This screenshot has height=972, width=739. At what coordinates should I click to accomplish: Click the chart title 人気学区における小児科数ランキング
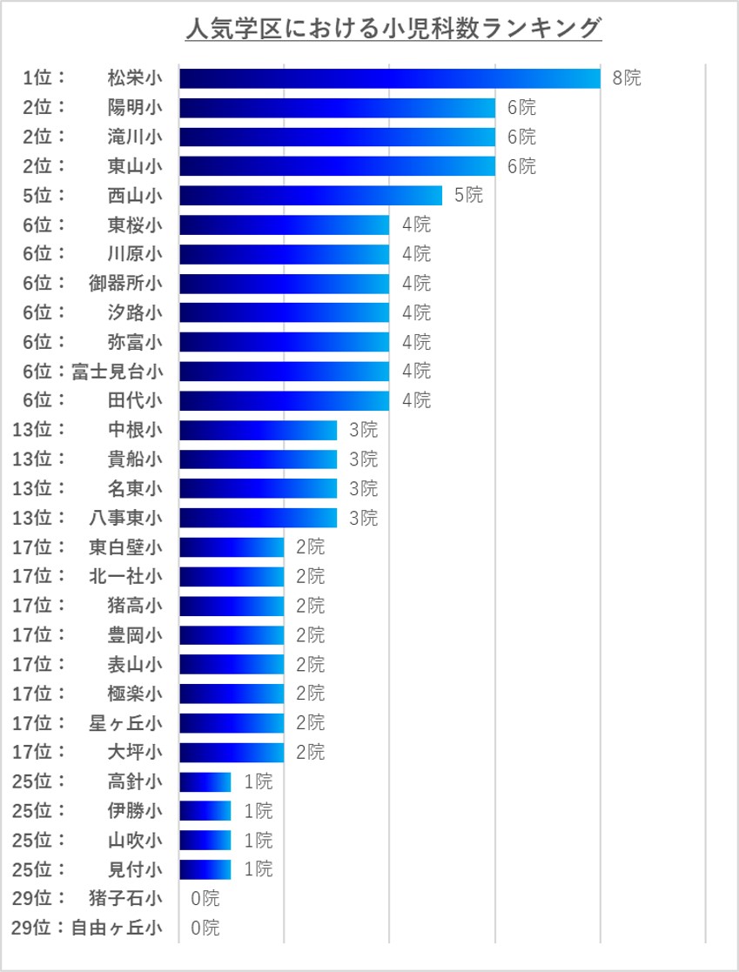click(393, 29)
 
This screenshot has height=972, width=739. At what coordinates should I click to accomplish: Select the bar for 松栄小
click(389, 78)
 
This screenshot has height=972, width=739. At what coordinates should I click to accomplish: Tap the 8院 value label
click(627, 78)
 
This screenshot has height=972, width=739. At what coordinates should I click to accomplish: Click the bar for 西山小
click(311, 195)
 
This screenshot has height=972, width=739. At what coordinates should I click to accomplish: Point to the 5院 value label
click(468, 195)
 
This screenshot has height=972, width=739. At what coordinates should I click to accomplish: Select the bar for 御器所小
click(284, 283)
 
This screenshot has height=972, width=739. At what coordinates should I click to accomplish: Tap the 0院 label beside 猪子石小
click(205, 898)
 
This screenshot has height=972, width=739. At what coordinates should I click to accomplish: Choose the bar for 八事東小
click(258, 518)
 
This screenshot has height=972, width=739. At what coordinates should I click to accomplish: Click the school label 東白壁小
click(125, 547)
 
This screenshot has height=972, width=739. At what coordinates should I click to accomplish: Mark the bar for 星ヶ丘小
click(232, 722)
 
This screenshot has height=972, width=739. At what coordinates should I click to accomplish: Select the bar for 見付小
click(205, 868)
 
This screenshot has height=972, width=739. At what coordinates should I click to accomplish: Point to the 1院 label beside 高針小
click(259, 781)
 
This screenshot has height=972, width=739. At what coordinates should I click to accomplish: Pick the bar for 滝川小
click(337, 137)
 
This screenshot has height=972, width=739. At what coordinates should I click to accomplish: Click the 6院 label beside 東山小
click(521, 166)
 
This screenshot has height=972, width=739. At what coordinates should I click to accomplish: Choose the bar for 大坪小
click(232, 752)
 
